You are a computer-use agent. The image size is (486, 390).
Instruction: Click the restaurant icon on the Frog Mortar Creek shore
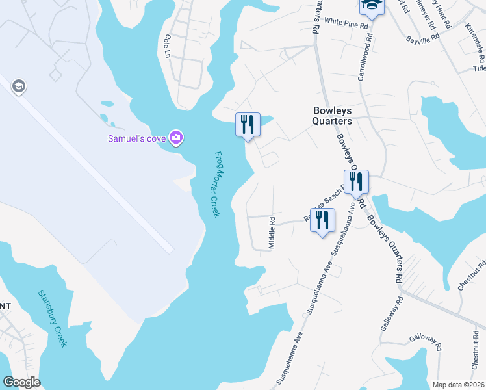tap(248, 124)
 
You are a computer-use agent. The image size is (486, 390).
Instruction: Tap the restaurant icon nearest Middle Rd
tap(322, 221)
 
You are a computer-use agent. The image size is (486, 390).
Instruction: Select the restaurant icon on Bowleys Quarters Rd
tap(356, 181)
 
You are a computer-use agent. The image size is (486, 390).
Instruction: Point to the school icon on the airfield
tap(18, 86)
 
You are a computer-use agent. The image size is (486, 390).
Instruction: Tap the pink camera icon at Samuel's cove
tap(175, 138)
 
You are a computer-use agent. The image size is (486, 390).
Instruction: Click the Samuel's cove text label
tap(137, 138)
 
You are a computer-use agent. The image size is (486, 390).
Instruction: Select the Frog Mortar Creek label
tap(217, 184)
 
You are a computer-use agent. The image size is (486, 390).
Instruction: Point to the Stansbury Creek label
tap(53, 318)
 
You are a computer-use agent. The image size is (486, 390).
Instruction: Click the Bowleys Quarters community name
tap(332, 116)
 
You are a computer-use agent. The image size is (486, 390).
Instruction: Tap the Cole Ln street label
tap(168, 44)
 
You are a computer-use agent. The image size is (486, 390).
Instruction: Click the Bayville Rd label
tap(423, 38)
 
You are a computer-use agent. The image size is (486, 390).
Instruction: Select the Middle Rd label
tap(272, 233)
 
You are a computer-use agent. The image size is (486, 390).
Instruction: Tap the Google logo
tap(21, 382)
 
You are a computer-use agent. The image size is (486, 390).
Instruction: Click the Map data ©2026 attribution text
tap(458, 385)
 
